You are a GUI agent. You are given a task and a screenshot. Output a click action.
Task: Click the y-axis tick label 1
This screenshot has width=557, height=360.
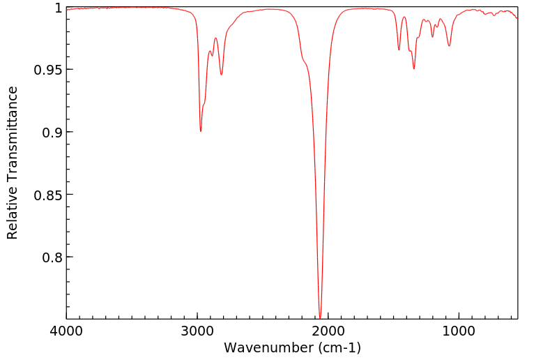[58, 8]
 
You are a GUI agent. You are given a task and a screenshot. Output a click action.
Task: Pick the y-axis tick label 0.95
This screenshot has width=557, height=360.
[48, 70]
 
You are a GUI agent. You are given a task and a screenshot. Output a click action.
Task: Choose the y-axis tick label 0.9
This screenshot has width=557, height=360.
[52, 132]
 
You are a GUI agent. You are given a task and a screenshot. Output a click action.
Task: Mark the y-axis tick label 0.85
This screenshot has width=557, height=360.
[48, 195]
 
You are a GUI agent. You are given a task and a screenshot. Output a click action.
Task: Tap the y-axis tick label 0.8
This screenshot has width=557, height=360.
[52, 257]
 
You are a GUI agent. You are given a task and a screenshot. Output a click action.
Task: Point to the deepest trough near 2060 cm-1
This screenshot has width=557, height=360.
[320, 317]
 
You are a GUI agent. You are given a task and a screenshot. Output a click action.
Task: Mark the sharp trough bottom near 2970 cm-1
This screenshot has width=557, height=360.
[201, 130]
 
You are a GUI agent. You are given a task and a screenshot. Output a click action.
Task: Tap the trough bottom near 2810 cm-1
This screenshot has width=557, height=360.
[222, 75]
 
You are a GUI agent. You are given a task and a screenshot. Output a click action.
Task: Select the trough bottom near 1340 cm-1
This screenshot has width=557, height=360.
[414, 68]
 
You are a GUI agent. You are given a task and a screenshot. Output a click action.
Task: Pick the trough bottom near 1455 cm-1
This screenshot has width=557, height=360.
[399, 50]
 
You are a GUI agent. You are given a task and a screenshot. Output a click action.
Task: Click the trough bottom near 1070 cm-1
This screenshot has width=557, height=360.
[450, 46]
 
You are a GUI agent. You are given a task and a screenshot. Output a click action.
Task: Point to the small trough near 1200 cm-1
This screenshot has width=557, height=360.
[432, 37]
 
